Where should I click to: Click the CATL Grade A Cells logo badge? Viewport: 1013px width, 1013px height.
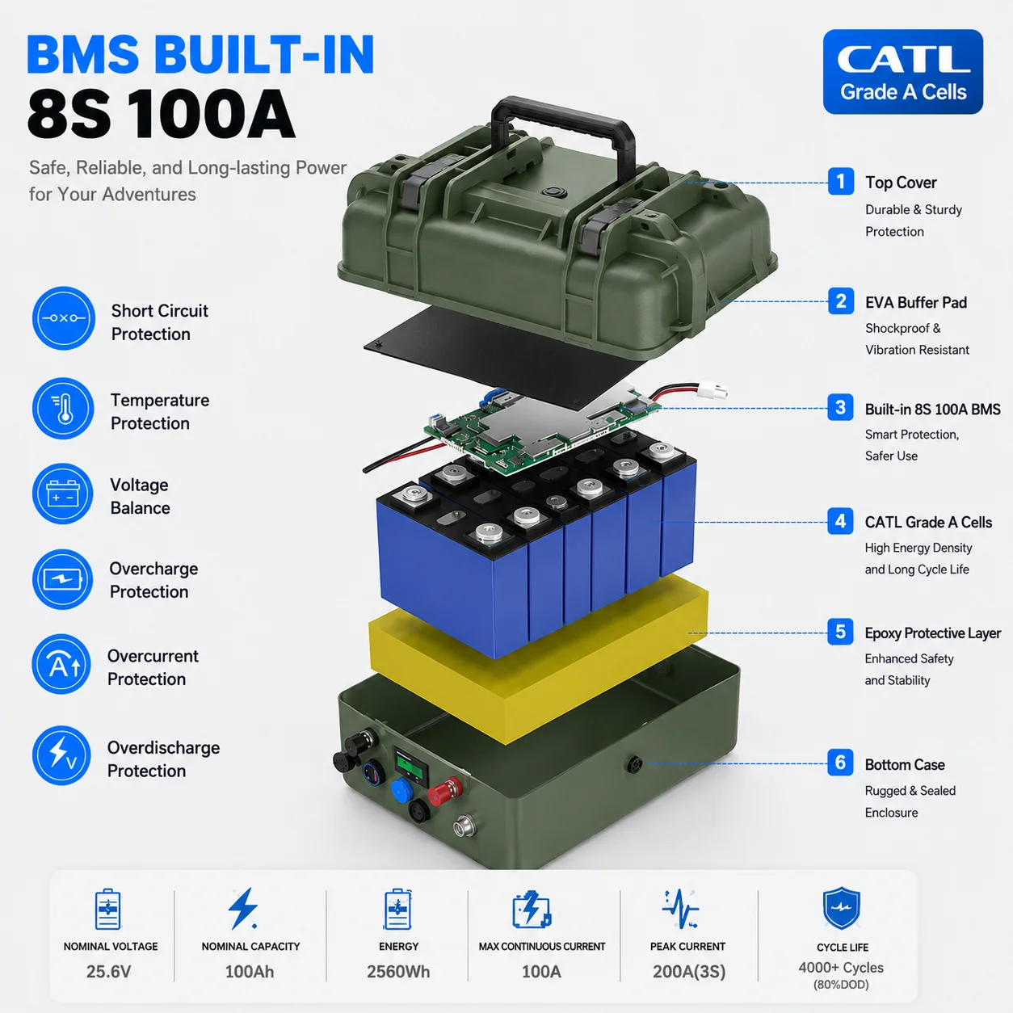(x=902, y=72)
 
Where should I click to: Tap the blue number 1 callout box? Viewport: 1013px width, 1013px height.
(x=841, y=182)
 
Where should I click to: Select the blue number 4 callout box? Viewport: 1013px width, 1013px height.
(x=840, y=521)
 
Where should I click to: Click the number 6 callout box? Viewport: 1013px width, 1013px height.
(x=840, y=763)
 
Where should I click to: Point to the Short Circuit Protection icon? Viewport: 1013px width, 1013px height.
(x=64, y=318)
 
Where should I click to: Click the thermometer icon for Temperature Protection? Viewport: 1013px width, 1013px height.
(x=63, y=409)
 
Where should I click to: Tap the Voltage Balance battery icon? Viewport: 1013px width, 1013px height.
(x=62, y=494)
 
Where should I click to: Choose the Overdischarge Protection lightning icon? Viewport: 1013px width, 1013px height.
(x=61, y=755)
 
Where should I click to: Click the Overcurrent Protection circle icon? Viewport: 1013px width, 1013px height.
(x=62, y=664)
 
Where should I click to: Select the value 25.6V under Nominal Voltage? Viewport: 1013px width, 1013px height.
(x=109, y=972)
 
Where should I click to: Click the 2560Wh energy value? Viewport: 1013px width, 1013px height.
(x=398, y=972)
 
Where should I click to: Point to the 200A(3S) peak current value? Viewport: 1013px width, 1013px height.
(x=689, y=972)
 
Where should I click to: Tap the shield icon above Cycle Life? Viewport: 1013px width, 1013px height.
(x=842, y=908)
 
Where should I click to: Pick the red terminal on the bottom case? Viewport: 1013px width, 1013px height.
(x=445, y=791)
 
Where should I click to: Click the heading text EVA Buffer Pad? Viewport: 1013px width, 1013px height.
(x=916, y=302)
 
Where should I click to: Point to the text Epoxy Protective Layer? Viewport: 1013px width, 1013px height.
(x=932, y=633)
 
